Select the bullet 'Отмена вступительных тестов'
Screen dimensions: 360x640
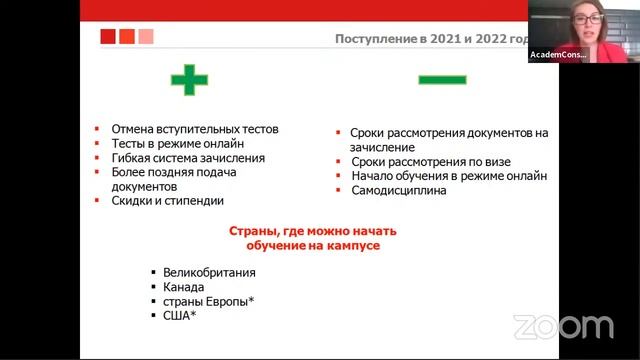pos(194,129)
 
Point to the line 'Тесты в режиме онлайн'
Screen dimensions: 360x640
pos(178,143)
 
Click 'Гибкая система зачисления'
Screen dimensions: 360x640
pos(188,157)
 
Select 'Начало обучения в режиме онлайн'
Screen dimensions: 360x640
pos(448,176)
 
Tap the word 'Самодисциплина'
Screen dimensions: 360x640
pos(398,190)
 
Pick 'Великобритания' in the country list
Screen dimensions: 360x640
pos(210,272)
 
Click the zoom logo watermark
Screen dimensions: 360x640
pos(563,326)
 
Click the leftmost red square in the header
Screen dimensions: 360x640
pos(108,37)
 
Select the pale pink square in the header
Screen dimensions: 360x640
pos(145,37)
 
